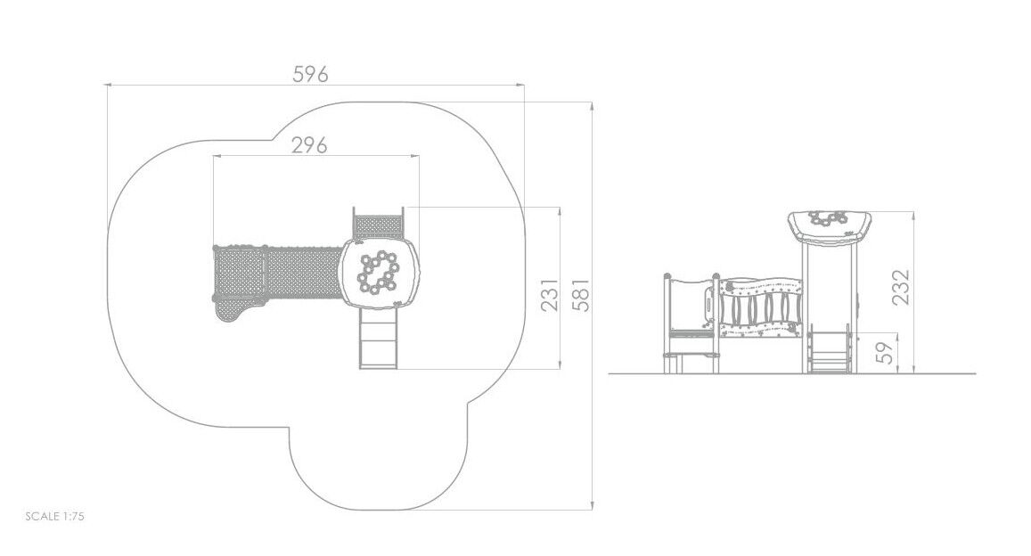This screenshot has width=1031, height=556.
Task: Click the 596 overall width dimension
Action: [x=310, y=74]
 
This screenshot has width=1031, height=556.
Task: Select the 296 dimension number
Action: [x=309, y=144]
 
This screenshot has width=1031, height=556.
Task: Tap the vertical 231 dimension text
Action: [x=550, y=294]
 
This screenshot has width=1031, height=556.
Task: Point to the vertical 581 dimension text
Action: [x=581, y=294]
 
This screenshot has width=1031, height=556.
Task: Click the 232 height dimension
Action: [x=902, y=287]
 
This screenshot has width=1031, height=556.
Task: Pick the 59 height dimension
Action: [x=887, y=352]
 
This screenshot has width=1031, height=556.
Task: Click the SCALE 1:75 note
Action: [x=54, y=516]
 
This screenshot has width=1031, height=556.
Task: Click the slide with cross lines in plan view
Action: [x=379, y=338]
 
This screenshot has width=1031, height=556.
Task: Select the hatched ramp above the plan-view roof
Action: [x=378, y=224]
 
